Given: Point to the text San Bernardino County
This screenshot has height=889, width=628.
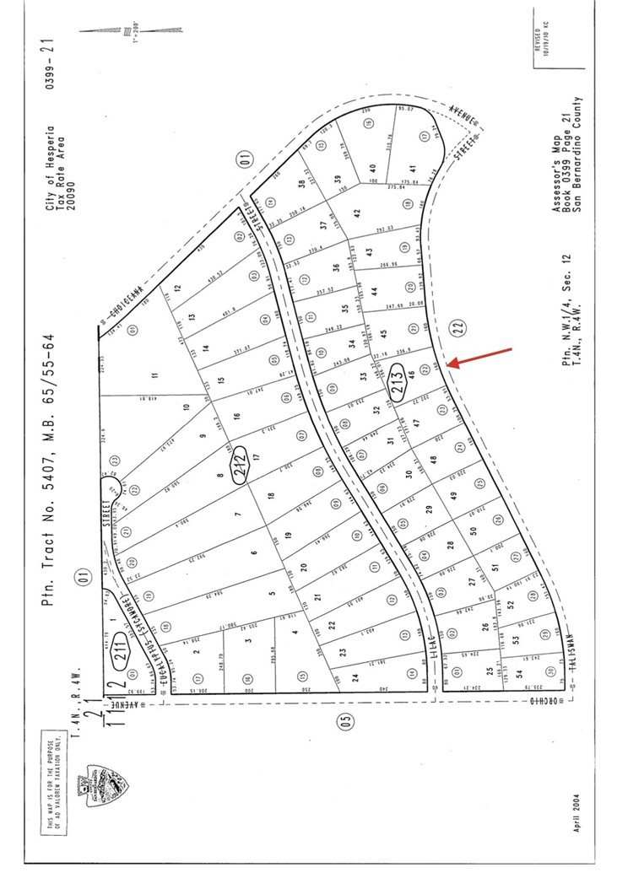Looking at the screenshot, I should [580, 168].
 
